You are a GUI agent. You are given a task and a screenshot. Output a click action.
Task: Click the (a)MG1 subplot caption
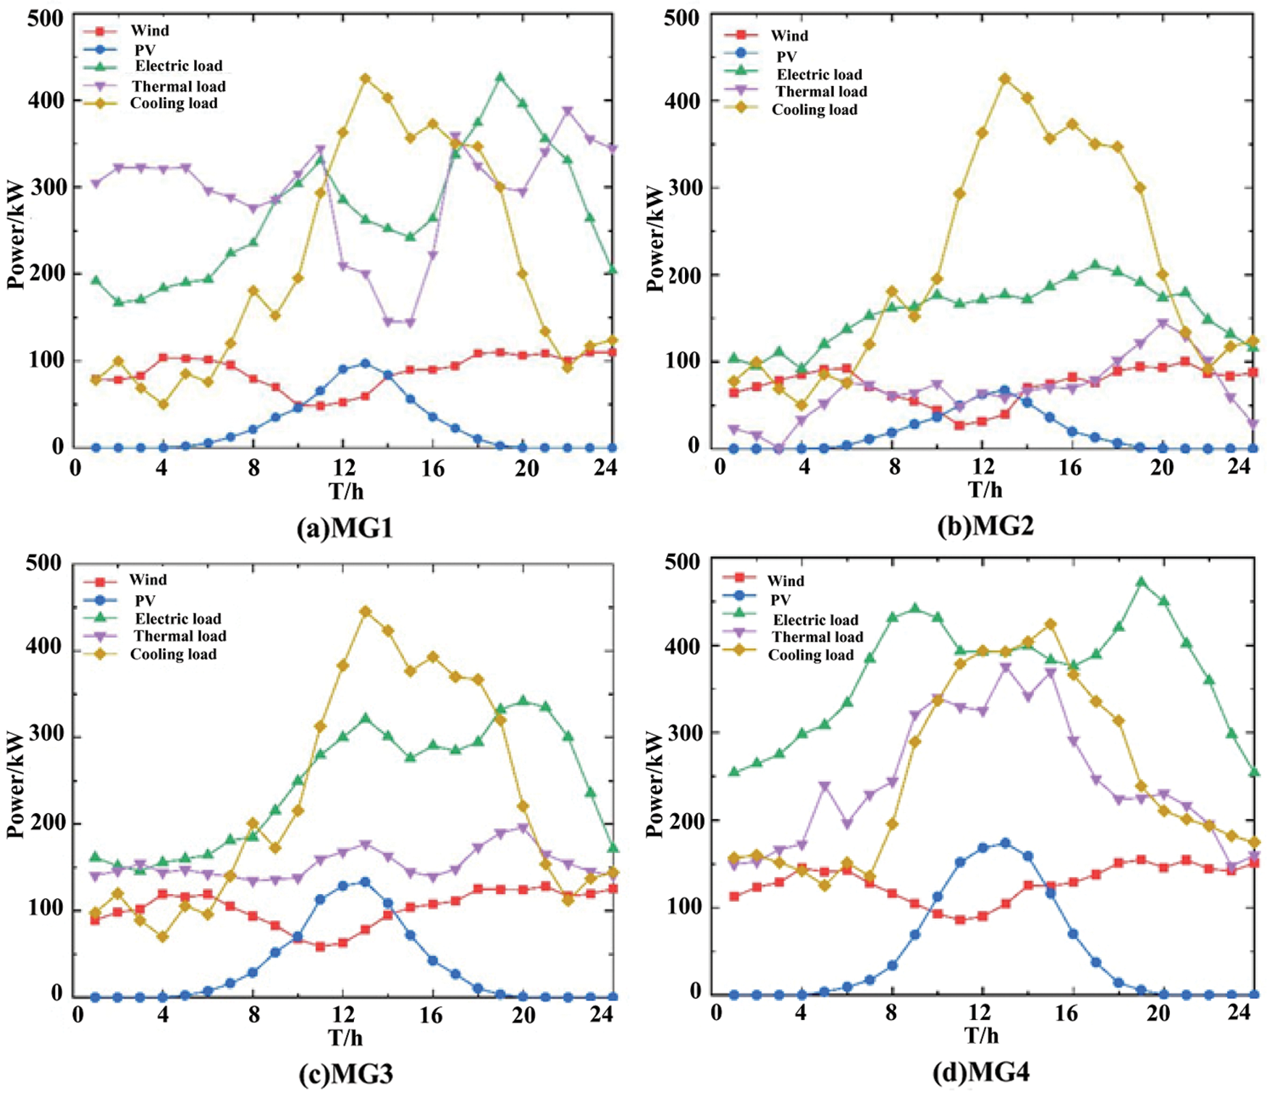pyautogui.click(x=345, y=528)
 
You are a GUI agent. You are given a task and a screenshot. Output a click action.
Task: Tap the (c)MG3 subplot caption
pyautogui.click(x=345, y=1074)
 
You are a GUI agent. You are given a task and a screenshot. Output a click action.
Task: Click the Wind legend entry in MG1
pyautogui.click(x=149, y=30)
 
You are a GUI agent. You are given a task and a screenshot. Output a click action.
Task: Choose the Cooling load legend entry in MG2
pyautogui.click(x=814, y=110)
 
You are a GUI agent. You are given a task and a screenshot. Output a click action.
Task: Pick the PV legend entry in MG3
pyautogui.click(x=145, y=601)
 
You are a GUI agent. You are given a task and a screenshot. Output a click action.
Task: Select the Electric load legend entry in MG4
pyautogui.click(x=815, y=620)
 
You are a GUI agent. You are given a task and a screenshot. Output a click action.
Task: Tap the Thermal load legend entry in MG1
pyautogui.click(x=178, y=87)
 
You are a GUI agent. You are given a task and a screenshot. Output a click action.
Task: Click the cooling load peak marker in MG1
pyautogui.click(x=366, y=78)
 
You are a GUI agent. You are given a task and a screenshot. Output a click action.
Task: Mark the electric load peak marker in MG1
pyautogui.click(x=500, y=77)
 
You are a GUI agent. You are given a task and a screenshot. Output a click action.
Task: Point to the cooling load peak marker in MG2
pyautogui.click(x=1004, y=78)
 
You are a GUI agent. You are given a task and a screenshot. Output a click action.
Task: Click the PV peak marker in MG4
pyautogui.click(x=1005, y=843)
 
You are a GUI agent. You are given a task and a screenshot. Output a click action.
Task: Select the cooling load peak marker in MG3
pyautogui.click(x=366, y=612)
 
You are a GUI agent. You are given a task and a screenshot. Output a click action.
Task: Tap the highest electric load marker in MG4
pyautogui.click(x=1142, y=581)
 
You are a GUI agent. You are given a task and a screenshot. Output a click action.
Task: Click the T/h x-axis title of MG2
pyautogui.click(x=985, y=491)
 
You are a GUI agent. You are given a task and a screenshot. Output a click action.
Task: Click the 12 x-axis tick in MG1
pyautogui.click(x=343, y=468)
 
